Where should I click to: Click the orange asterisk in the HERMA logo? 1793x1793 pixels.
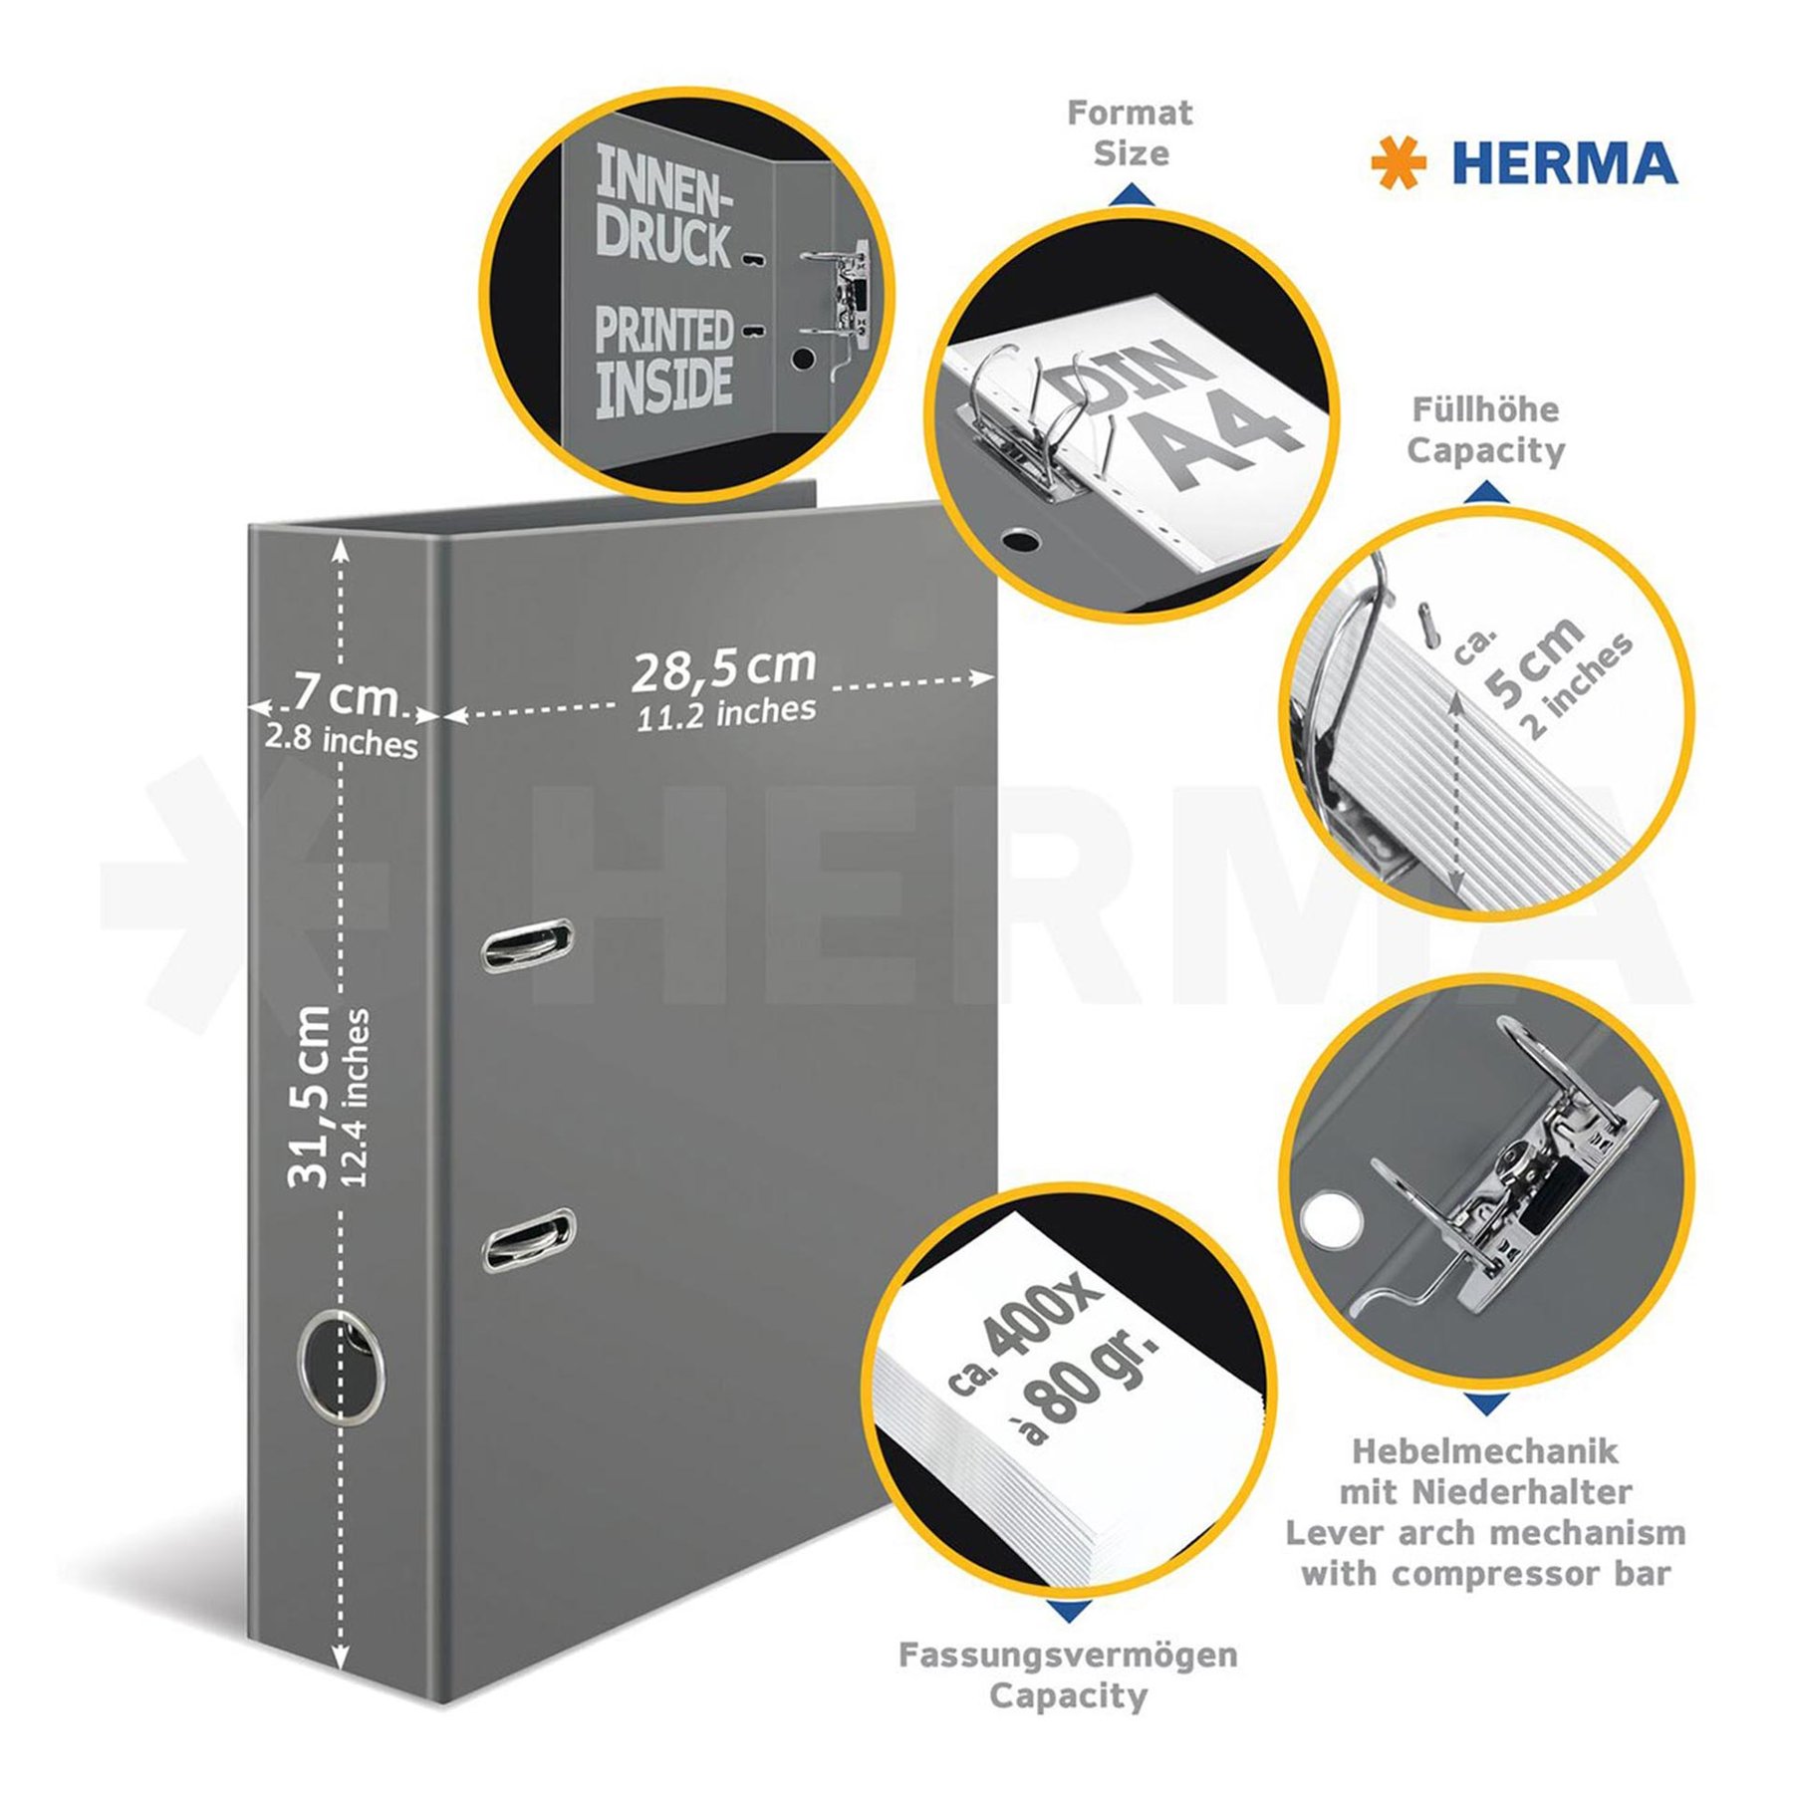pos(1399,163)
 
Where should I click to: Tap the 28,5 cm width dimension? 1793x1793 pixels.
pos(724,668)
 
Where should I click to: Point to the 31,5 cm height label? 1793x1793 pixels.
pos(309,1097)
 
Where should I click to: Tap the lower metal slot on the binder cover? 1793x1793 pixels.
pos(529,1240)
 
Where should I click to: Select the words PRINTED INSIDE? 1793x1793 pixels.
pos(664,361)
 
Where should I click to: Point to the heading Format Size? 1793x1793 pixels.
pos(1130,132)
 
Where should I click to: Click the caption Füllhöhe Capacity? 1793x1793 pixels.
pos(1485,429)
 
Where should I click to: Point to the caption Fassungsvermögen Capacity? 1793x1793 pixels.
pos(1068,1674)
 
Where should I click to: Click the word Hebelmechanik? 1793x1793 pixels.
pos(1484,1450)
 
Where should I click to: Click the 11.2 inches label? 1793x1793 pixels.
pos(726,713)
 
